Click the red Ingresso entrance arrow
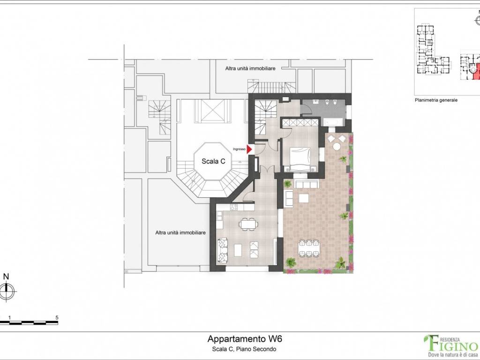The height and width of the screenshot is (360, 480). tap(249, 149)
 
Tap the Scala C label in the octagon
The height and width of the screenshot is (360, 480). tap(213, 161)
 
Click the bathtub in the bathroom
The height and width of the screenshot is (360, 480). tap(333, 122)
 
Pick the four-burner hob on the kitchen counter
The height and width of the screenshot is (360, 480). tap(234, 207)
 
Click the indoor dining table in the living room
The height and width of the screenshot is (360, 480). tap(247, 224)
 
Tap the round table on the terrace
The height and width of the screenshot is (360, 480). tap(337, 147)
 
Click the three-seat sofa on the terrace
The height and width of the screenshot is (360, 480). tap(307, 184)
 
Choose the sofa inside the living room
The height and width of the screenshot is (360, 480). tap(223, 250)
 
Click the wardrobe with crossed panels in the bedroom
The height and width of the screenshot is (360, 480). tap(300, 122)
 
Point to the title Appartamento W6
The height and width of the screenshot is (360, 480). tap(245, 339)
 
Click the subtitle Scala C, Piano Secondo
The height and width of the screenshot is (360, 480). tap(244, 349)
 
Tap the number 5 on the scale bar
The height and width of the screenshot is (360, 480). tap(57, 317)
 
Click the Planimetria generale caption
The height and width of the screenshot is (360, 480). tap(436, 100)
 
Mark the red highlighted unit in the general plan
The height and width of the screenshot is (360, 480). tap(475, 72)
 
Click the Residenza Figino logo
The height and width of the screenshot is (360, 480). tap(451, 346)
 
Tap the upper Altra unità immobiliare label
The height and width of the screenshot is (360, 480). tap(250, 68)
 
